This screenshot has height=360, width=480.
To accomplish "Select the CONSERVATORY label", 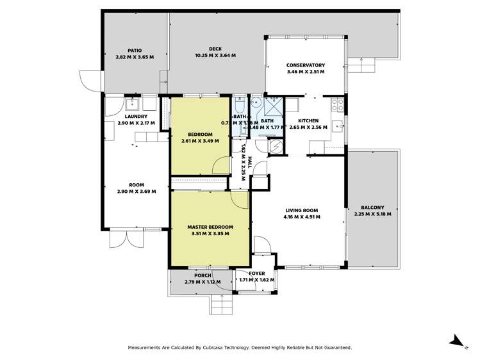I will [306, 65].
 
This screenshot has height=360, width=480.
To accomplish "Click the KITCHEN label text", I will [308, 120].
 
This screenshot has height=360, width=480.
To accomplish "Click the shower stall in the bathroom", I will [274, 102].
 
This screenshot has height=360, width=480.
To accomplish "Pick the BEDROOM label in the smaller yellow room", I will [200, 134].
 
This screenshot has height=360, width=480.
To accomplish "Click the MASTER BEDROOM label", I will [210, 227].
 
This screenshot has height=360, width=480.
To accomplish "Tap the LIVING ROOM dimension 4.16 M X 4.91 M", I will [301, 217].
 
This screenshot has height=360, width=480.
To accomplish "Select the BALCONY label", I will [372, 208].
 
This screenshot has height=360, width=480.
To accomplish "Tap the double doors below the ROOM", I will [123, 239].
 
